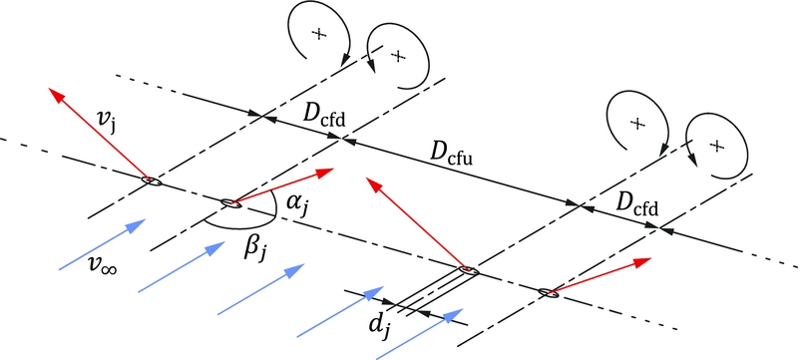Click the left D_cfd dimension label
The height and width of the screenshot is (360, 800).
[325, 121]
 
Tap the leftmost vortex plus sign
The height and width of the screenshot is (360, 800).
[319, 35]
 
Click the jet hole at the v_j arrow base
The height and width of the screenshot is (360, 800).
[149, 180]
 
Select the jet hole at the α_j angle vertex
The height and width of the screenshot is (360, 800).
[229, 204]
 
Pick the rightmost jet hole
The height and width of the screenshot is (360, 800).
[548, 292]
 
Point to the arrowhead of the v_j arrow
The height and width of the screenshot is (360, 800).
[55, 93]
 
